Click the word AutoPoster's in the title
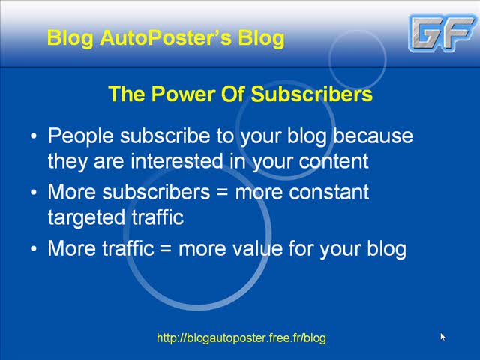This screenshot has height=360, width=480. coord(166,38)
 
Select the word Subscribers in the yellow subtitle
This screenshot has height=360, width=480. coord(312,94)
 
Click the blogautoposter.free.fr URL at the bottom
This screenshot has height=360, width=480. coord(241,338)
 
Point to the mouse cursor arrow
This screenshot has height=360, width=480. coord(442,337)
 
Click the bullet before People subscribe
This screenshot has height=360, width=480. coord(34,136)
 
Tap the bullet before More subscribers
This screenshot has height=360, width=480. coord(34,193)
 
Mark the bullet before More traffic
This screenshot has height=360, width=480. coord(34,248)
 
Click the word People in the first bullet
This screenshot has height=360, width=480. coord(81,136)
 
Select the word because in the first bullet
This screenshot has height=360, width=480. coord(373,136)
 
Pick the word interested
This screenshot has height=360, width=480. coord(177,161)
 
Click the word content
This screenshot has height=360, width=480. coord(334,162)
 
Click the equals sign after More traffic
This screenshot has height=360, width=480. coord(166,248)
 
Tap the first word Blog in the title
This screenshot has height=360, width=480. coord(70,38)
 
